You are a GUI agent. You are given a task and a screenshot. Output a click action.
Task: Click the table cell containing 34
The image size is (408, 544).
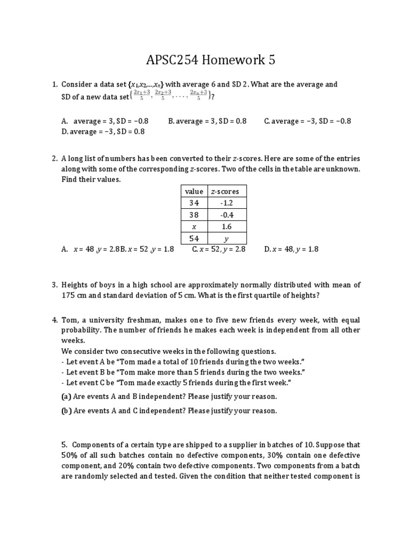click(193, 203)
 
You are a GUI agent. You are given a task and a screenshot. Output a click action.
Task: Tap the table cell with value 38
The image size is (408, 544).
click(193, 215)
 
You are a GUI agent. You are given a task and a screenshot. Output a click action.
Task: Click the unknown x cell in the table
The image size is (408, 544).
click(193, 227)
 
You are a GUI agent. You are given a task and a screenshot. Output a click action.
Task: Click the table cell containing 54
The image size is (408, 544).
click(193, 239)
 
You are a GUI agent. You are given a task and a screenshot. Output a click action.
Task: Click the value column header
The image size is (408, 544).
click(193, 191)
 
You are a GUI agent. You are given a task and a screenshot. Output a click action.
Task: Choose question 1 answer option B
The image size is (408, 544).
click(207, 121)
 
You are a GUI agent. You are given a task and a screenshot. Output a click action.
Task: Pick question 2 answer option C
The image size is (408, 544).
click(218, 249)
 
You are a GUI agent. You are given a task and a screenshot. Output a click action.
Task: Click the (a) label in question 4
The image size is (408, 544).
click(66, 396)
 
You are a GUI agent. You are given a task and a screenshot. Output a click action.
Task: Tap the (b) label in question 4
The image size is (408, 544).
click(66, 411)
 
